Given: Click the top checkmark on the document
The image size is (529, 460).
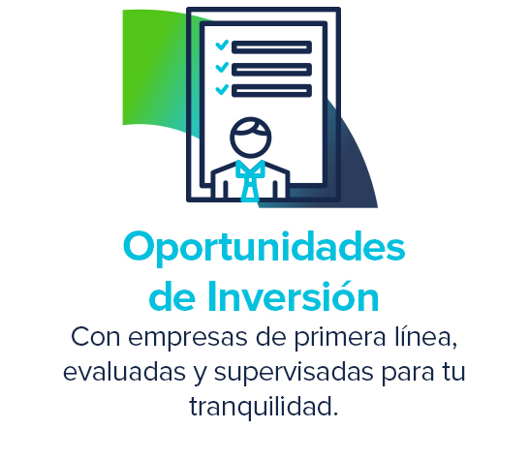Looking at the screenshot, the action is pos(222,46).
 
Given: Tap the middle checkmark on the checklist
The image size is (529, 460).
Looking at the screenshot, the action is pos(222,68).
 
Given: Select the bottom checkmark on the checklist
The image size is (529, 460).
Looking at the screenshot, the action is pos(222,90).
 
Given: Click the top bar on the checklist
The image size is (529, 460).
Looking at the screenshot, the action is pos(271,47).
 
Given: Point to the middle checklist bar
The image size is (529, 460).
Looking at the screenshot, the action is pos(271,70).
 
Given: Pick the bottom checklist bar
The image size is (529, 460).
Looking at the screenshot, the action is pos(271,91).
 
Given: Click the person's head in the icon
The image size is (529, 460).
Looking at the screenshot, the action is pos(250,138).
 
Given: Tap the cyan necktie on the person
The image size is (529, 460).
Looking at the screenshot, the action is pos(250,181).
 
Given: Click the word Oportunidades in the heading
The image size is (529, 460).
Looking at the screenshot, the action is pos(264,248).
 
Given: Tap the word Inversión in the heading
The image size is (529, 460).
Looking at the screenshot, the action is pos(293,296).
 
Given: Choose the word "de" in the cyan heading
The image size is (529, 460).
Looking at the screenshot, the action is pos(172,296).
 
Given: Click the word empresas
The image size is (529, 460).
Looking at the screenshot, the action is pos(188,338).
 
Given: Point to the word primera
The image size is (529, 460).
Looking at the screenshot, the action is pos(340,338).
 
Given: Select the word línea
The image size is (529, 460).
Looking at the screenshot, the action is pos(426,337).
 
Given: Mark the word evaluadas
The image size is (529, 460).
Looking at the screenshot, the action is pos(124,372).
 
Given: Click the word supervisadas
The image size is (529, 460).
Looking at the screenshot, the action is pos(294,372).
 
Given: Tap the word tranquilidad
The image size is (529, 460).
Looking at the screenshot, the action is pos(264,407).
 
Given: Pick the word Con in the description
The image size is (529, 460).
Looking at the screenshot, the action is pos(96,337).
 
